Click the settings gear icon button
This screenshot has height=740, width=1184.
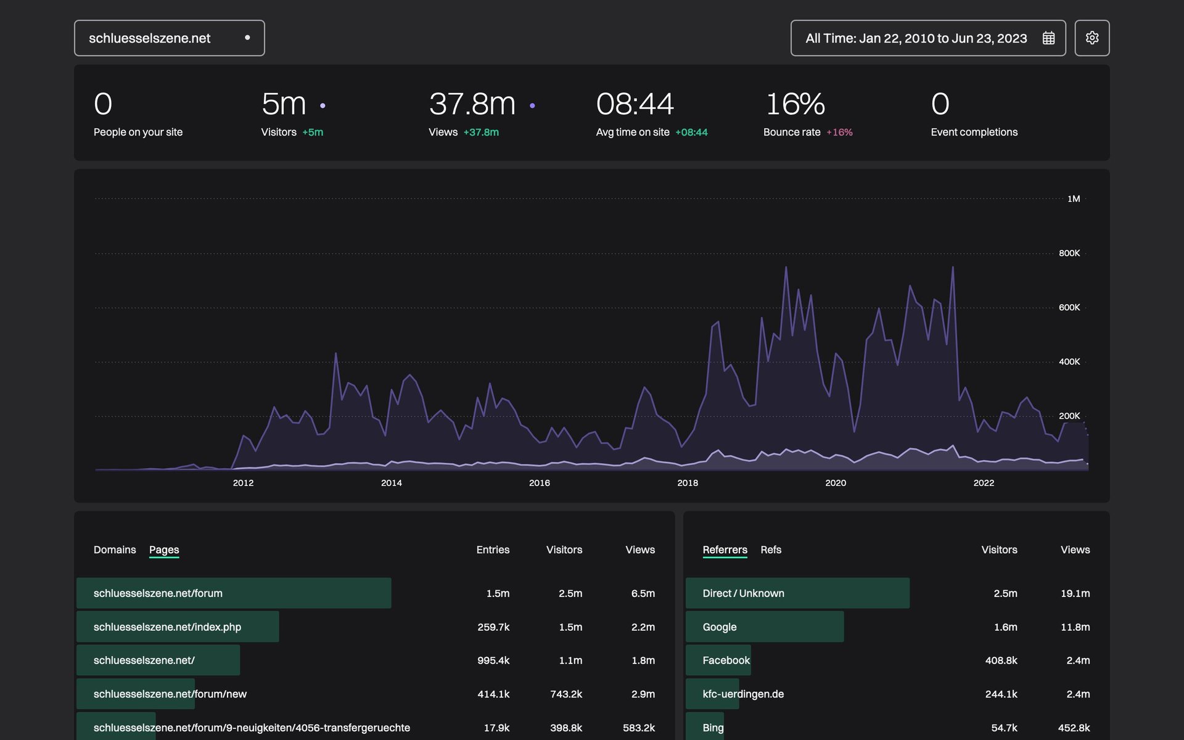1091,38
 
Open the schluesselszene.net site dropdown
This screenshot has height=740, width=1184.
169,38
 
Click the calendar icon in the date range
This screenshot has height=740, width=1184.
1048,38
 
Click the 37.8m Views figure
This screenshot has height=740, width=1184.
472,104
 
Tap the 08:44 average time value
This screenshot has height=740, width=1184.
635,104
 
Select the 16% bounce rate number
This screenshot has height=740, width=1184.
795,104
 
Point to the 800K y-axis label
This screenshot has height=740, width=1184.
1069,253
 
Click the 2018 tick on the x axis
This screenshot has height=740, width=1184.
688,483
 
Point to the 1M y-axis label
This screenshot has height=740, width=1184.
1073,199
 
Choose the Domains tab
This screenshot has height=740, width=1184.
115,549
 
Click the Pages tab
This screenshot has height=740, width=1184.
164,549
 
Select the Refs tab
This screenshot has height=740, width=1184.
771,549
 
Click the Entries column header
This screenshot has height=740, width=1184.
493,549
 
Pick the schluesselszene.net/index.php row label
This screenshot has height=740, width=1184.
167,627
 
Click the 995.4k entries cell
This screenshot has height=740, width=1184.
493,660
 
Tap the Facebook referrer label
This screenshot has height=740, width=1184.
726,660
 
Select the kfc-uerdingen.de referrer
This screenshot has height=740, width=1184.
743,694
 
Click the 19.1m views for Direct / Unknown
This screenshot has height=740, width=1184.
1075,593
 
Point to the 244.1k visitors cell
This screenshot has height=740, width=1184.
1001,694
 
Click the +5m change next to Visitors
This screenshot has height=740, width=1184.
313,133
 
